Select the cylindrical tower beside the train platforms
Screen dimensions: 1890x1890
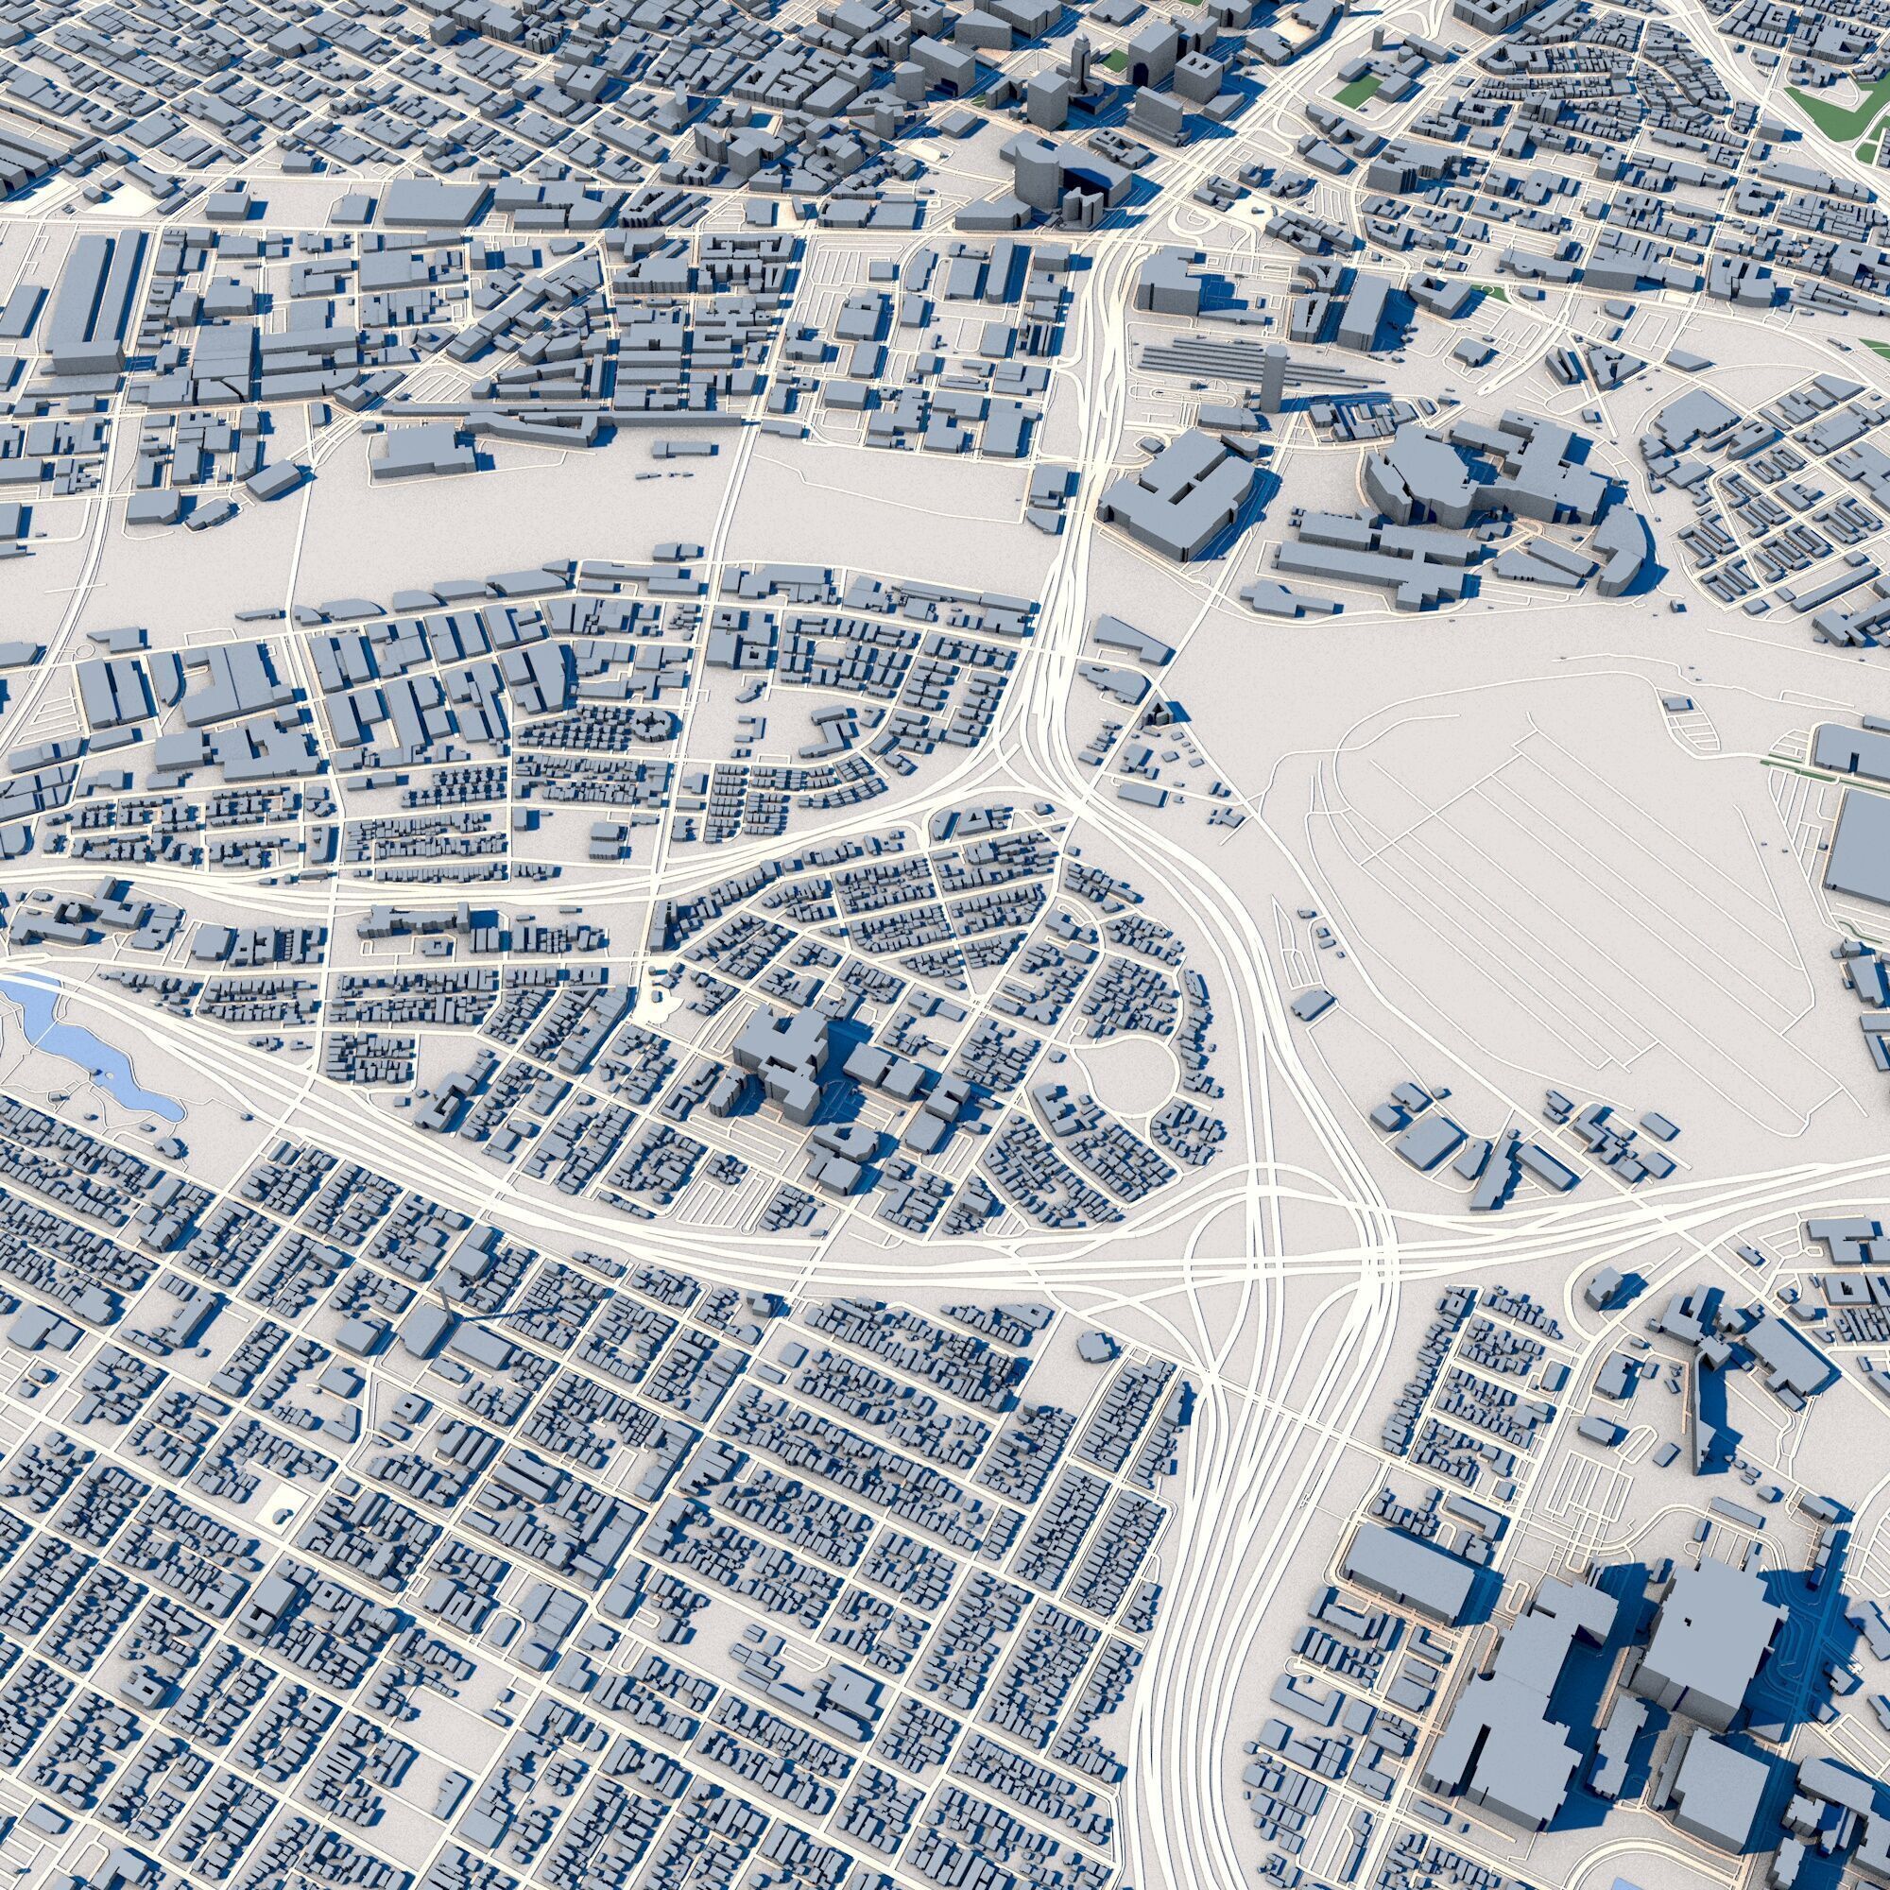tap(1272, 377)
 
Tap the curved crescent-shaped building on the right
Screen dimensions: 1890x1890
tap(1624, 548)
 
